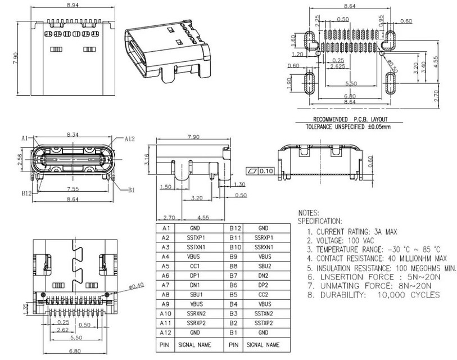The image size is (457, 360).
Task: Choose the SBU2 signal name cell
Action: [x=264, y=265]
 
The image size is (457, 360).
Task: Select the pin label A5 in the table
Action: [x=165, y=265]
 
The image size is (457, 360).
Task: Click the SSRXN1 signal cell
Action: [x=264, y=247]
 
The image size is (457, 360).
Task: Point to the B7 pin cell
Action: [x=236, y=275]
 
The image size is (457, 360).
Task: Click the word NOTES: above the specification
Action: [x=308, y=214]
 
